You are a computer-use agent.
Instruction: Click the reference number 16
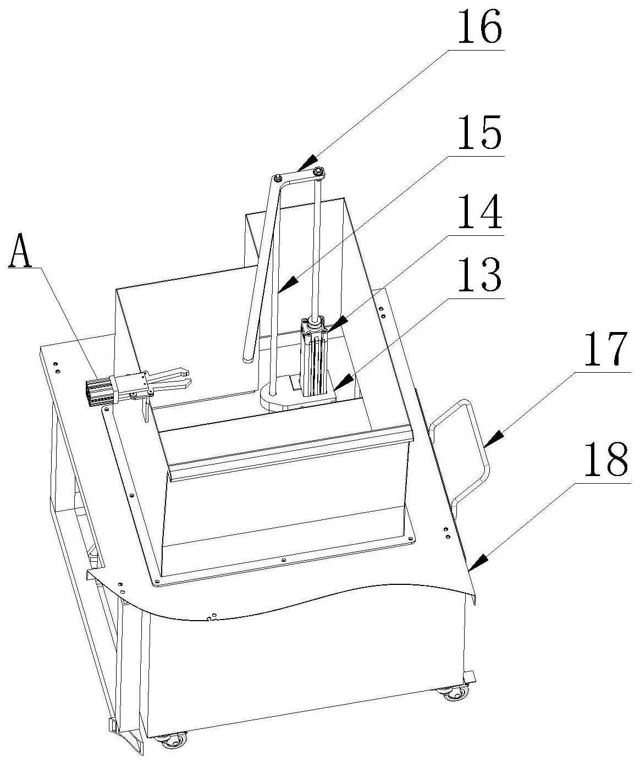(478, 26)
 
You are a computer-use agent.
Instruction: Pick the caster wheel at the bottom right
(454, 693)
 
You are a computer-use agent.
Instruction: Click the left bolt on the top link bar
(278, 178)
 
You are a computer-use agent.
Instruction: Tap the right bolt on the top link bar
(318, 173)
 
